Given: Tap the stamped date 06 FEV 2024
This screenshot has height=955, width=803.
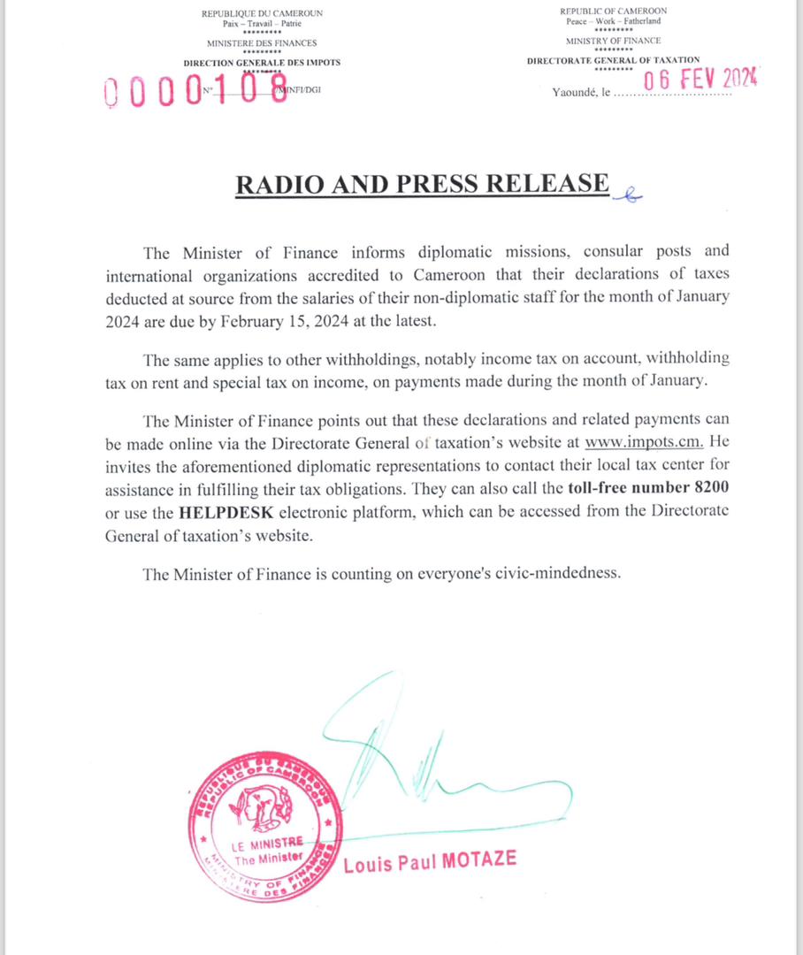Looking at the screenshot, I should pos(700,80).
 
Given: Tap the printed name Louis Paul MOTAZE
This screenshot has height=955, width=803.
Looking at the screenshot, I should pos(429,861).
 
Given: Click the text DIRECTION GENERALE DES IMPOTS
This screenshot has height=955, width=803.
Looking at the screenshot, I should pos(262,63).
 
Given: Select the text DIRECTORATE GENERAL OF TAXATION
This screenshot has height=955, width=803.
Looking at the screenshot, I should pos(613,60).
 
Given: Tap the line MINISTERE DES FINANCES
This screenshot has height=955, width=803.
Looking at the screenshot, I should pos(262,42).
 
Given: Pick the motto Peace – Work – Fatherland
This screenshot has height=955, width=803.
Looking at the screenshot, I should pos(613,20).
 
